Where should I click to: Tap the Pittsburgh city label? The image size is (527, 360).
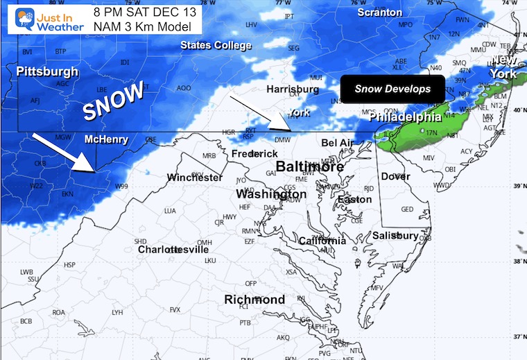pyautogui.click(x=47, y=71)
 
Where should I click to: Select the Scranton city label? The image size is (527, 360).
pyautogui.click(x=379, y=12)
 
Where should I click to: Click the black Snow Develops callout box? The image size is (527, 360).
pyautogui.click(x=392, y=89)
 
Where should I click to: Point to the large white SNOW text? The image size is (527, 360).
pyautogui.click(x=113, y=101)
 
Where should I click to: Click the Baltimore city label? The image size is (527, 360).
pyautogui.click(x=310, y=167)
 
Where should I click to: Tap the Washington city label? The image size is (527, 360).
pyautogui.click(x=271, y=194)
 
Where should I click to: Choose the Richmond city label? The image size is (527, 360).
pyautogui.click(x=254, y=300)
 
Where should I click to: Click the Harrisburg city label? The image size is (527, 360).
pyautogui.click(x=293, y=89)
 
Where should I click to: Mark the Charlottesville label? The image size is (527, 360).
pyautogui.click(x=173, y=249)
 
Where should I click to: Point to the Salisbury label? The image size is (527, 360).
pyautogui.click(x=395, y=236)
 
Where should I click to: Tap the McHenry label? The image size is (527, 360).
pyautogui.click(x=106, y=139)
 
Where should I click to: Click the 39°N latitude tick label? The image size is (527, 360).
pyautogui.click(x=519, y=187)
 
